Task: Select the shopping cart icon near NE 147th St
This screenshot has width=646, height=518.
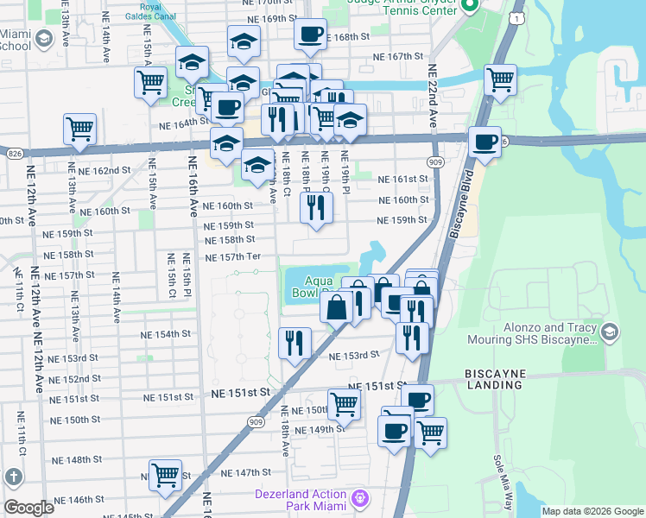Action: tap(164, 474)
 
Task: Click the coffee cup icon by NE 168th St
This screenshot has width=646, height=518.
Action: tap(310, 35)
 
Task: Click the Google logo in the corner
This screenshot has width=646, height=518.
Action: tap(28, 508)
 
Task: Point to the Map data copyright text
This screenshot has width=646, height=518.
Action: tap(592, 511)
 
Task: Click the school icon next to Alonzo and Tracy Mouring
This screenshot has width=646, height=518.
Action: tap(611, 332)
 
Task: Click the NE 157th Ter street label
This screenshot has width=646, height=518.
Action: tap(232, 257)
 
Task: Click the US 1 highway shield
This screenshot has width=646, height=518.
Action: tap(516, 18)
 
